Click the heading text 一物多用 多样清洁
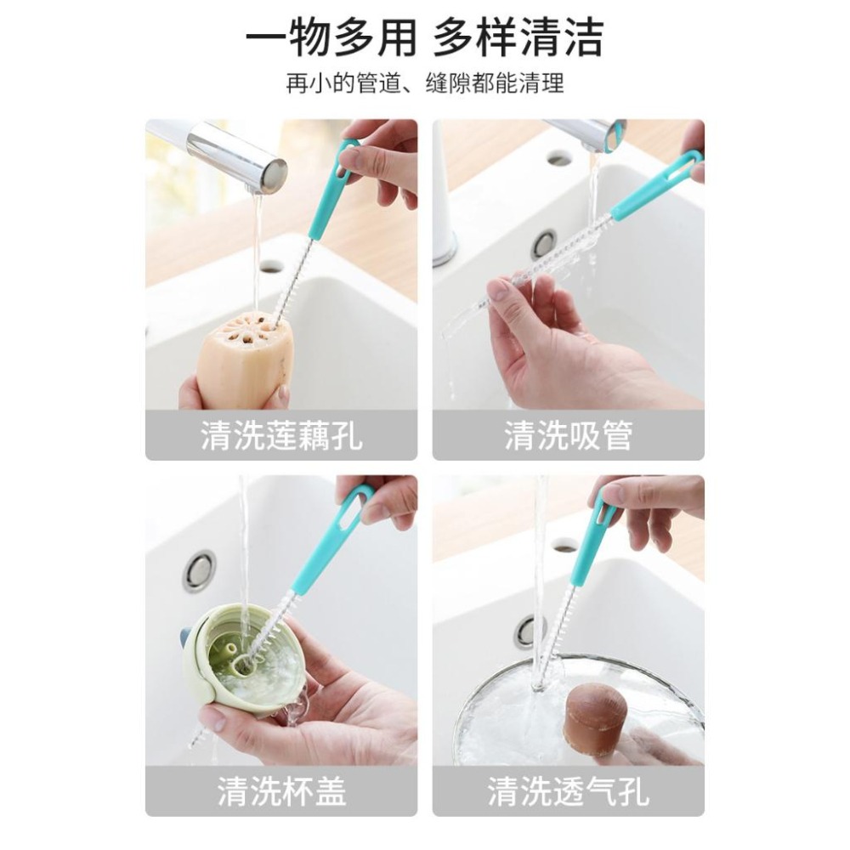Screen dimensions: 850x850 click(x=424, y=38)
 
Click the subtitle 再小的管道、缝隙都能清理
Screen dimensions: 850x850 click(x=424, y=84)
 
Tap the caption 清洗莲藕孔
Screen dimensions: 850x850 click(x=281, y=436)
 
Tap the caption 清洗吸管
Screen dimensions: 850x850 click(x=568, y=436)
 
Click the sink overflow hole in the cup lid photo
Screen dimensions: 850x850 click(x=199, y=570)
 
